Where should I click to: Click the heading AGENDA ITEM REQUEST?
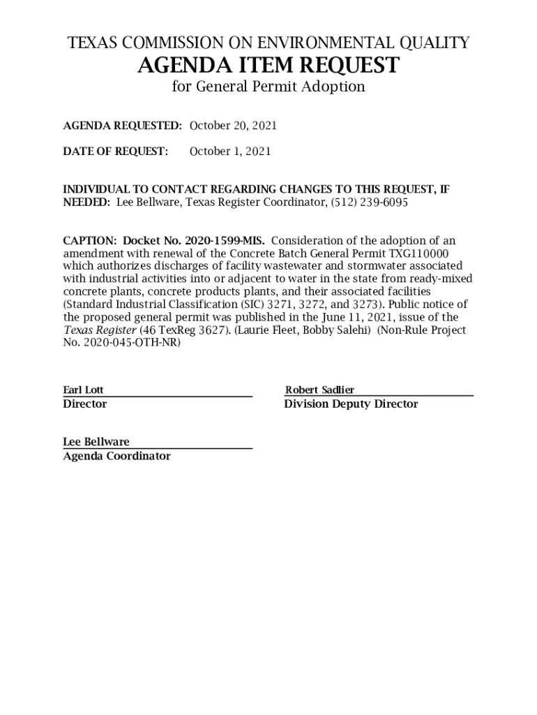point(268,66)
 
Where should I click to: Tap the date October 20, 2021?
point(233,126)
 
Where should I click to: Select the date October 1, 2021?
point(230,152)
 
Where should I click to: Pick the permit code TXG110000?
point(418,253)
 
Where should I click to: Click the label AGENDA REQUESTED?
point(123,126)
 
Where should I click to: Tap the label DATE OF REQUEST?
point(116,152)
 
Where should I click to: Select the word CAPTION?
point(90,241)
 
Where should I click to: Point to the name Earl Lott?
point(83,390)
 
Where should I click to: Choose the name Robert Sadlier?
point(319,390)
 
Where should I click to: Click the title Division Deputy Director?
point(351,404)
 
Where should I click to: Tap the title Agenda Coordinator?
point(116,456)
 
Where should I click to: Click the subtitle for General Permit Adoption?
point(268,87)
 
